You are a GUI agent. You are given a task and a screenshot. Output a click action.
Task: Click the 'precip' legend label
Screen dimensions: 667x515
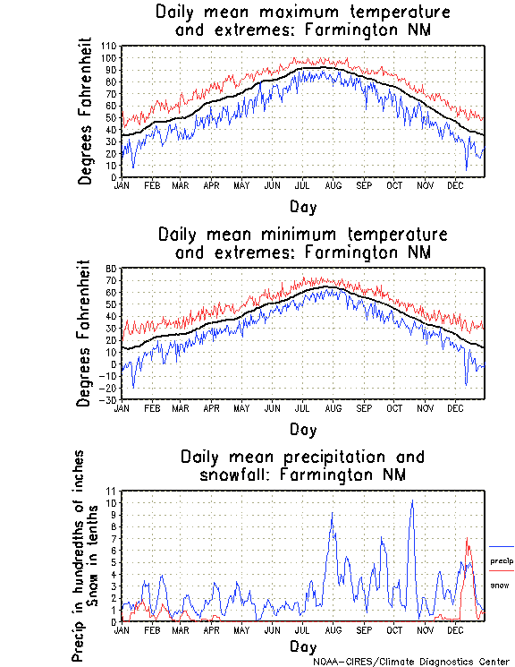click(502, 560)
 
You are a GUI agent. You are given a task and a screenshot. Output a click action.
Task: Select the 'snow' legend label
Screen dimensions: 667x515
click(500, 585)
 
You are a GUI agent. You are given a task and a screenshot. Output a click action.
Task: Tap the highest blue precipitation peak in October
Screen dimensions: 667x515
click(412, 501)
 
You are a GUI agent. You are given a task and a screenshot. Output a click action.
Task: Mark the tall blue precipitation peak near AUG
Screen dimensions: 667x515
click(333, 514)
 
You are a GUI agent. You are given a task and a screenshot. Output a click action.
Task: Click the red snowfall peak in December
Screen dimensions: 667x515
click(467, 539)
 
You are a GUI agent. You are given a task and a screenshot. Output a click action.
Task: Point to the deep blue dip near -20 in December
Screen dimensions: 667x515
click(466, 385)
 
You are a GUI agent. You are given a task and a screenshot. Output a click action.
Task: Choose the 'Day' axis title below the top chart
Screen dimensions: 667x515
click(303, 207)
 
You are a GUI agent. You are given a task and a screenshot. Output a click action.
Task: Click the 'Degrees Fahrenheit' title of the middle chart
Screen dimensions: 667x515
click(85, 333)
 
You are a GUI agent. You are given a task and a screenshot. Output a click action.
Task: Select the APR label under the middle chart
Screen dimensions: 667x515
click(212, 407)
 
